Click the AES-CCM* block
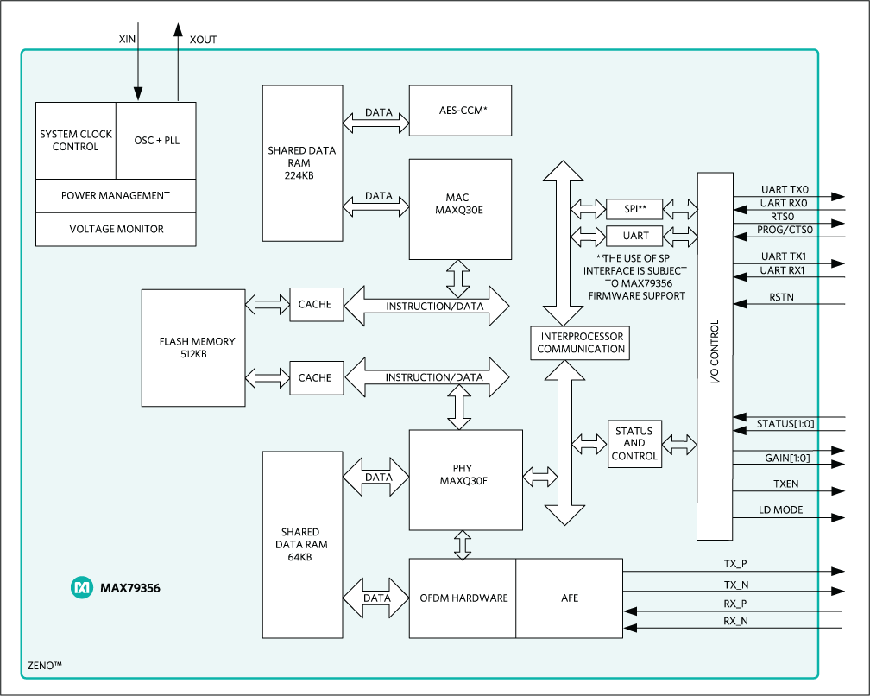[x=460, y=110]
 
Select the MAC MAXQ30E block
[x=460, y=208]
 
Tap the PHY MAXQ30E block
[x=465, y=480]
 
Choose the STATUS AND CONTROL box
[x=634, y=443]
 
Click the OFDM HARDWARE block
[x=463, y=598]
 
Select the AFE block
[x=569, y=598]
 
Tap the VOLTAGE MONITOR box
[x=116, y=229]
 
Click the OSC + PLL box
[x=156, y=140]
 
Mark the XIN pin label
[x=126, y=40]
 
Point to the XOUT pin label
[x=203, y=40]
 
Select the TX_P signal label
[x=735, y=563]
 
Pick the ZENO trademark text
[x=43, y=666]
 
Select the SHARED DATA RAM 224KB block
[x=301, y=162]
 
